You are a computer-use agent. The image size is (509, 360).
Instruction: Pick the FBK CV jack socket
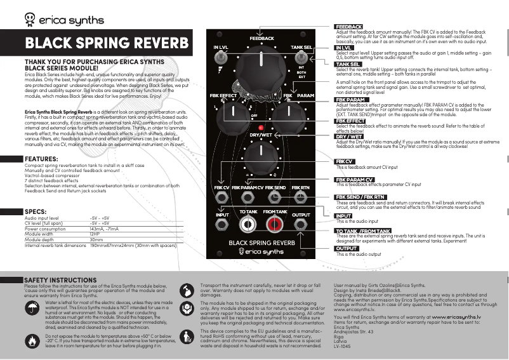[221, 196]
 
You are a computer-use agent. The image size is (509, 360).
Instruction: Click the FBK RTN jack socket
[301, 196]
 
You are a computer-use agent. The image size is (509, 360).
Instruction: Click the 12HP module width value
[96, 234]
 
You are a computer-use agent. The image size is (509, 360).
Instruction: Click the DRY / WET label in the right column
[349, 137]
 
